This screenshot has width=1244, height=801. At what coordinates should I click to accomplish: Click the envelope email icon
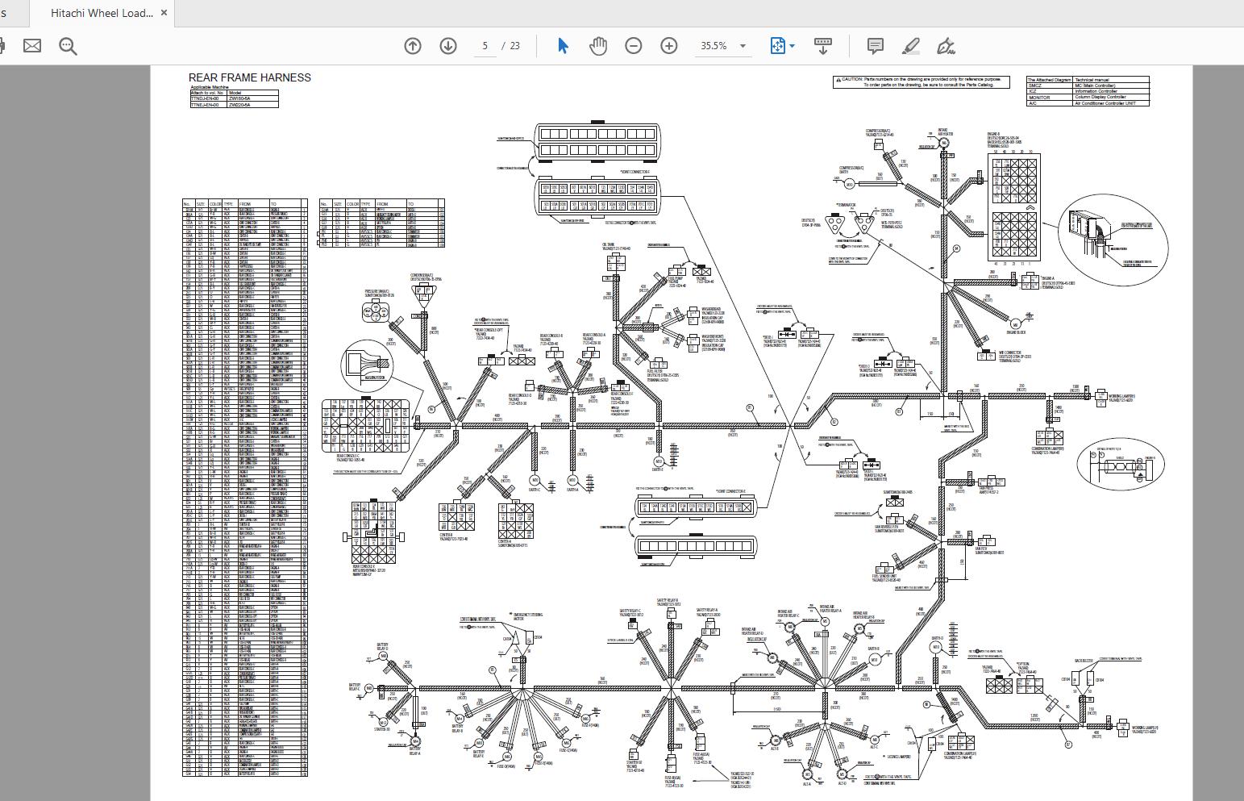tap(32, 46)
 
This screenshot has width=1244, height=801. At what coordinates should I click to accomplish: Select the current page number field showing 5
tap(485, 46)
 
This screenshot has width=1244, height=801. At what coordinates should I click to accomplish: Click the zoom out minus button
tap(634, 46)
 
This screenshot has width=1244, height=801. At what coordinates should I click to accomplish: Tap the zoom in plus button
tap(669, 46)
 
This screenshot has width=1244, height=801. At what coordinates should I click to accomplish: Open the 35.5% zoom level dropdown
tap(743, 46)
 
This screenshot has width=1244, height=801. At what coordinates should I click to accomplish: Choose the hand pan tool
tap(597, 46)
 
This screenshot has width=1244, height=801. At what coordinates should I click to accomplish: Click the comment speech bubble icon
tap(876, 46)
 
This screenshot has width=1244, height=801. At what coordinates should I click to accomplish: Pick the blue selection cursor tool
tap(563, 46)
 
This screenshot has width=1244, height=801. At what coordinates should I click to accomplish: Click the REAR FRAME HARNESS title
tap(250, 78)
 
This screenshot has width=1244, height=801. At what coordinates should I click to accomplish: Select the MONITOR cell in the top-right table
tap(1039, 98)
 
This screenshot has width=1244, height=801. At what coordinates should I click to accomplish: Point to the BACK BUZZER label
tap(1084, 661)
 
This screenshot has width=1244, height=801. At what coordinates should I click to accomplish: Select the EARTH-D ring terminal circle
tap(936, 647)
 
